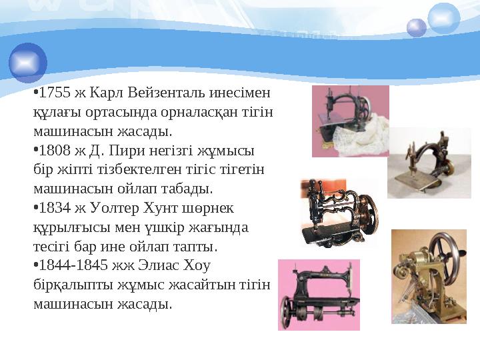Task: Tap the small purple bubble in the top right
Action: [417, 27]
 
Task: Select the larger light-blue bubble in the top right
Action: [443, 18]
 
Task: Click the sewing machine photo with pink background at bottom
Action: [319, 295]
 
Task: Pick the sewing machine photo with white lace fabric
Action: [350, 121]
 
